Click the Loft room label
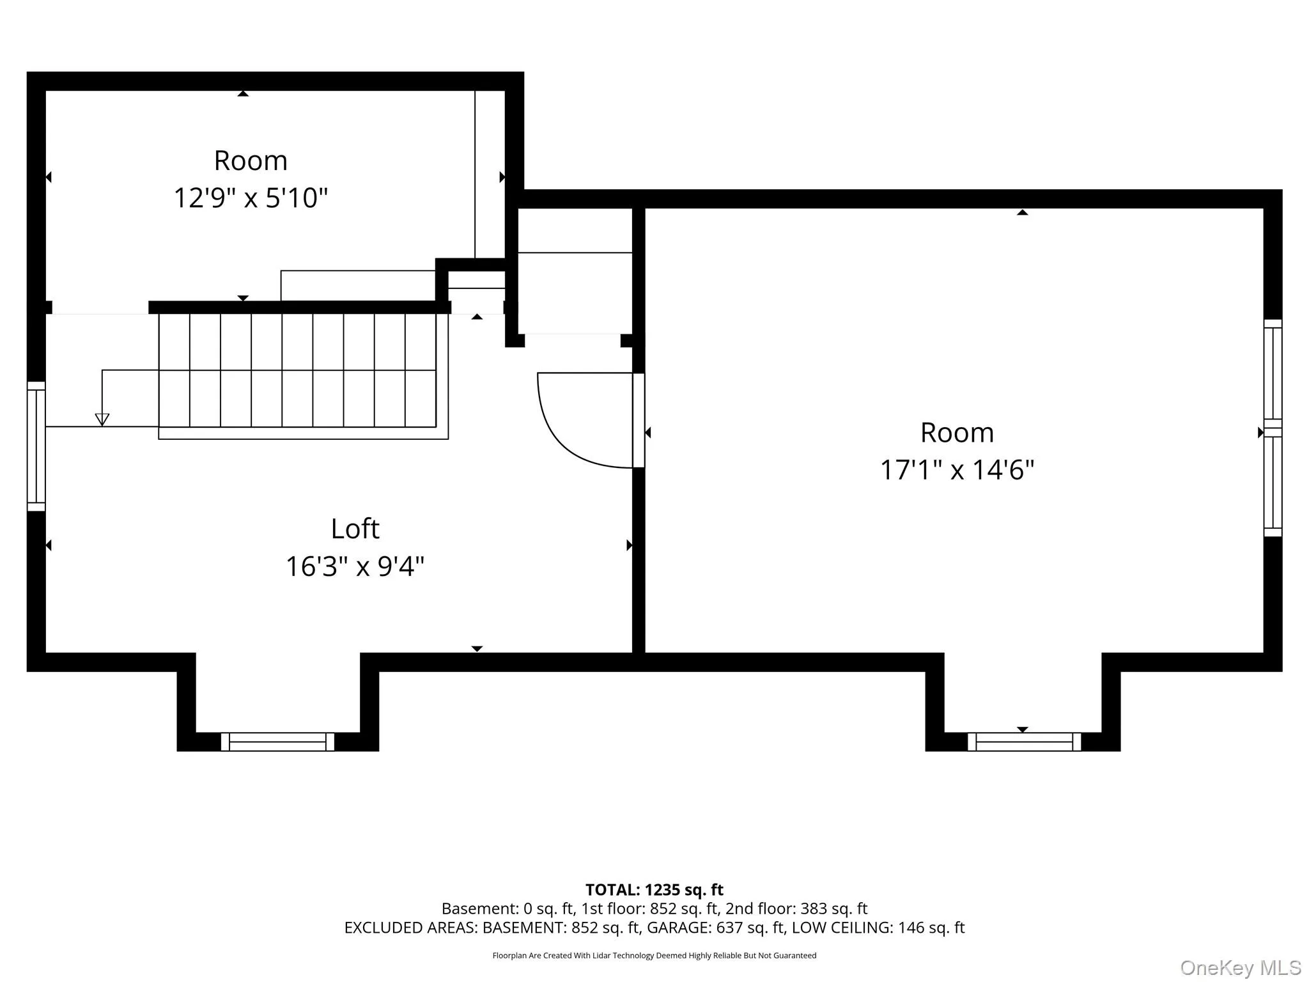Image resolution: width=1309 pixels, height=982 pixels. (355, 529)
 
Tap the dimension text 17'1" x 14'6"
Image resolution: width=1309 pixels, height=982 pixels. (957, 470)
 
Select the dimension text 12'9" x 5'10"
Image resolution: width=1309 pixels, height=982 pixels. (251, 198)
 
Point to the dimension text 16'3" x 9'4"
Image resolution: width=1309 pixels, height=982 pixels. (355, 566)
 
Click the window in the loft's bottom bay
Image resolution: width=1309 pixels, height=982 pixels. (277, 742)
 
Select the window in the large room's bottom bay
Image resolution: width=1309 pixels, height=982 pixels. (1024, 742)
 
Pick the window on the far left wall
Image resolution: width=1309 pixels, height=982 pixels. (36, 446)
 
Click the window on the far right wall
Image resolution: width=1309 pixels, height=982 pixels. (1273, 428)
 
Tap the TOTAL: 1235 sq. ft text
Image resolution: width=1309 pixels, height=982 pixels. (654, 890)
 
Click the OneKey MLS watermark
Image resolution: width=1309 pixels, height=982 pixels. (1241, 968)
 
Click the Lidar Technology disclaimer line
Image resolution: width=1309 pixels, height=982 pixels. (654, 956)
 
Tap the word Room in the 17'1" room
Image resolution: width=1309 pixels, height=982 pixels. (957, 433)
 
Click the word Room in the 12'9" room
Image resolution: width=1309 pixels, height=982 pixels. (251, 160)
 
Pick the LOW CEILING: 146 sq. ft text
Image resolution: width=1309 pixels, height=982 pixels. (878, 928)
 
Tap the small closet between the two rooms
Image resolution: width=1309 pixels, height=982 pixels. (575, 271)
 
